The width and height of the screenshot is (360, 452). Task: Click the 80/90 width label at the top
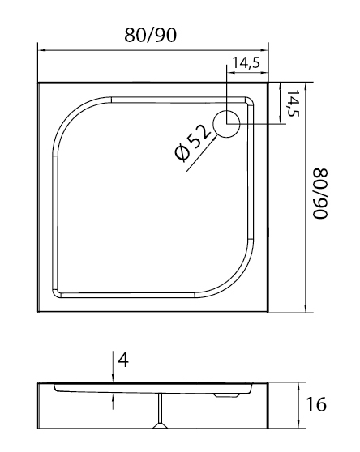click(x=150, y=35)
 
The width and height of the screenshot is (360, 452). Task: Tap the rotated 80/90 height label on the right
click(x=320, y=194)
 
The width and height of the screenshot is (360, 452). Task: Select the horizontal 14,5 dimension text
click(x=246, y=62)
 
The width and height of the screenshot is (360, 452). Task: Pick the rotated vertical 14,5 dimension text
click(x=293, y=103)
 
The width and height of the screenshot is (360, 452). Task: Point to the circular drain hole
click(x=226, y=124)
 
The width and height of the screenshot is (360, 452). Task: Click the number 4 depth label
click(x=123, y=360)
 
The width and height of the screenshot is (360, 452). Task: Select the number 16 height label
click(x=316, y=404)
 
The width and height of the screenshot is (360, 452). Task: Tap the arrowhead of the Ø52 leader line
click(x=215, y=138)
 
